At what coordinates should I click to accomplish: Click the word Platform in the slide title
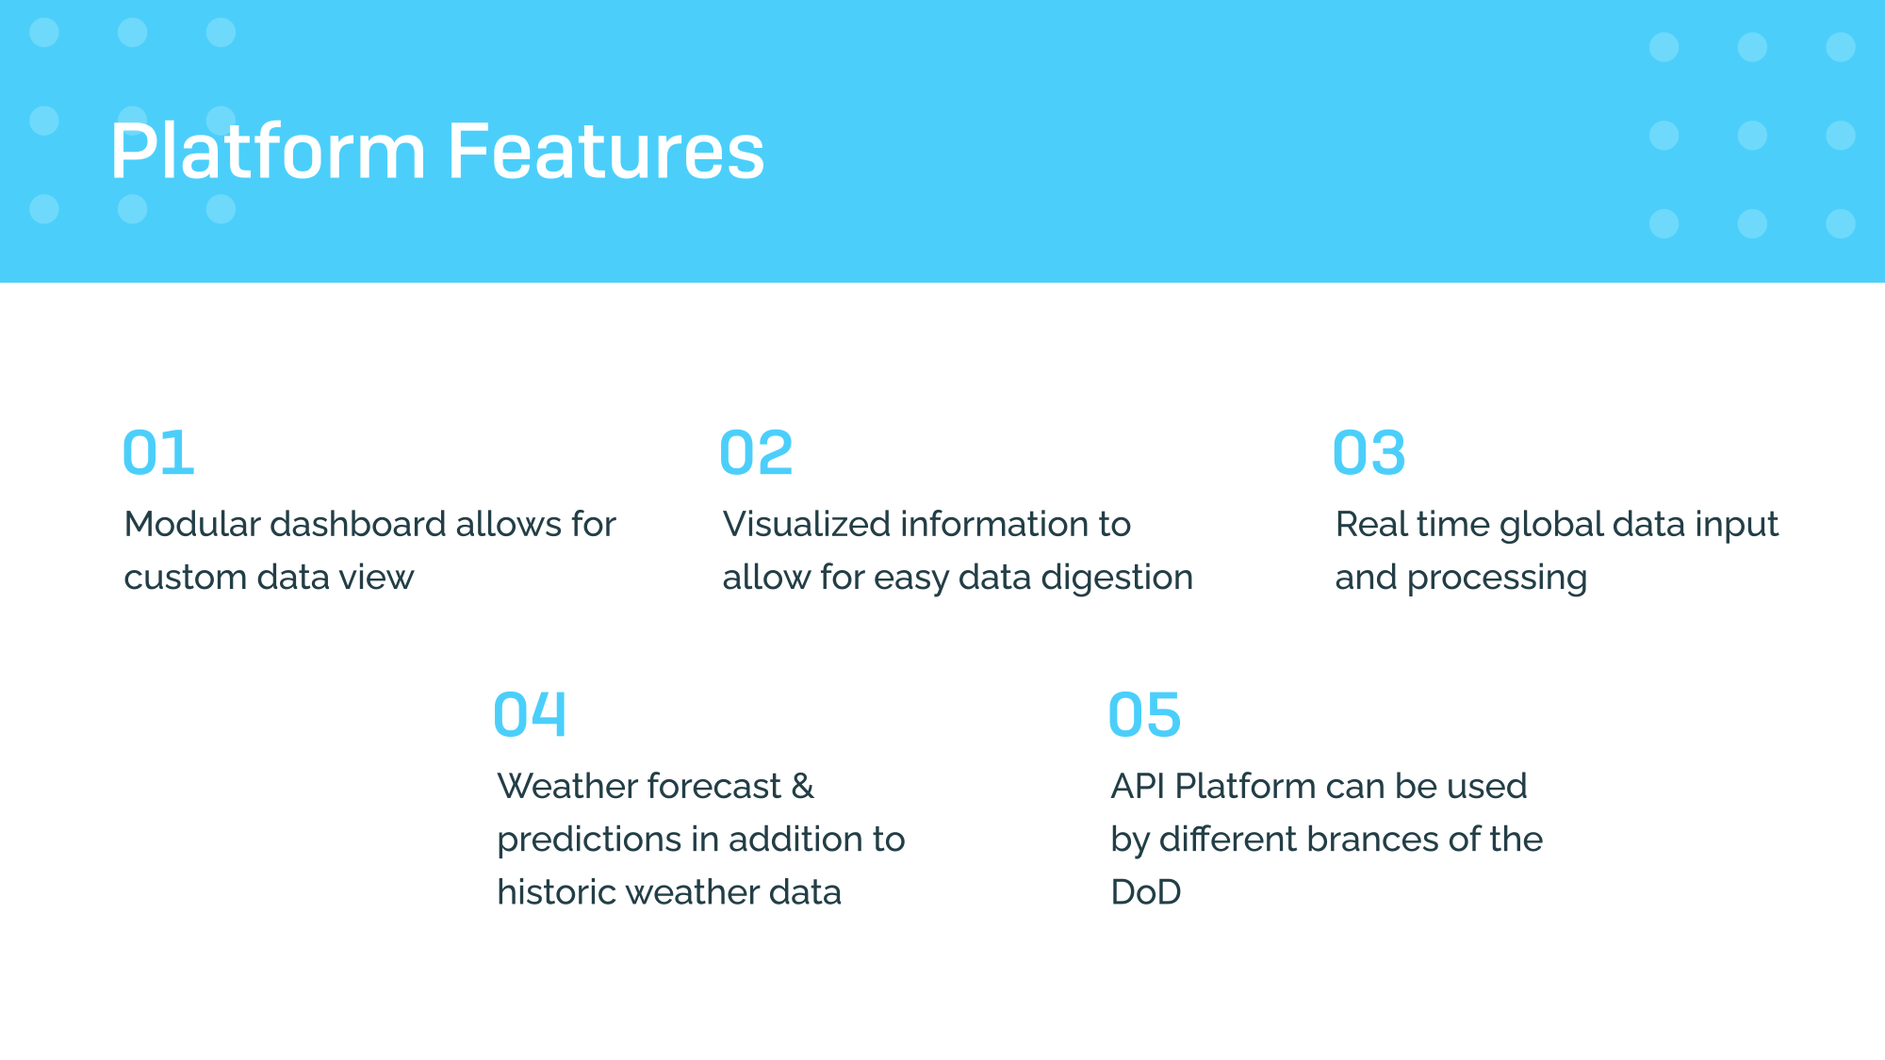269,151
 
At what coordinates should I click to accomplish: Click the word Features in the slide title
606,151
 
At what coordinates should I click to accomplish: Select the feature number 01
158,453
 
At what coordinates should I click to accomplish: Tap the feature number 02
756,453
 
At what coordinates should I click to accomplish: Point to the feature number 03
1369,453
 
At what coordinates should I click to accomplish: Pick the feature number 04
530,714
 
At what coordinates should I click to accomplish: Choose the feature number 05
1144,714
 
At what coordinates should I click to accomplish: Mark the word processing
1497,579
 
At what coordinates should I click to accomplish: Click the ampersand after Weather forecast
803,786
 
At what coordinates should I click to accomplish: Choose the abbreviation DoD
1146,892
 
